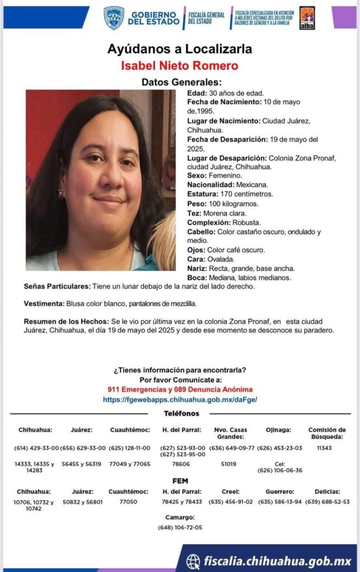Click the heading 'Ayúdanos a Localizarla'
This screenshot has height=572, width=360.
click(x=179, y=49)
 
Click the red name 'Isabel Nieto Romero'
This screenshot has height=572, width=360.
click(x=179, y=66)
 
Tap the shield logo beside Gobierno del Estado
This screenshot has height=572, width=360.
click(x=114, y=18)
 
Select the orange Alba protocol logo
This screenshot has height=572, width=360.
click(x=307, y=18)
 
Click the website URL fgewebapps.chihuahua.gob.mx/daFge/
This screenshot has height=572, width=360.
click(x=179, y=400)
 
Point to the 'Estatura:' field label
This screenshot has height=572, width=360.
click(x=204, y=194)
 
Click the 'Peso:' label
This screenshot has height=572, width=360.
click(x=197, y=203)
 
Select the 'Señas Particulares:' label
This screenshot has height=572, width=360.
click(x=57, y=287)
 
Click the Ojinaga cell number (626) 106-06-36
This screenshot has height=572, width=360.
click(x=280, y=470)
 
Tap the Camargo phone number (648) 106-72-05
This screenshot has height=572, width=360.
click(x=180, y=527)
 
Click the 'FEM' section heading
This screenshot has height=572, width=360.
click(x=180, y=481)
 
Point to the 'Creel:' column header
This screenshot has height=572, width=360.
click(x=231, y=492)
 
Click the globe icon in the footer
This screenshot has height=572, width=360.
click(x=193, y=561)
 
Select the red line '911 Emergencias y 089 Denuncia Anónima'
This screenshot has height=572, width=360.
click(x=179, y=389)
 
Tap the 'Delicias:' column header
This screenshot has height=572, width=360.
click(x=328, y=492)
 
